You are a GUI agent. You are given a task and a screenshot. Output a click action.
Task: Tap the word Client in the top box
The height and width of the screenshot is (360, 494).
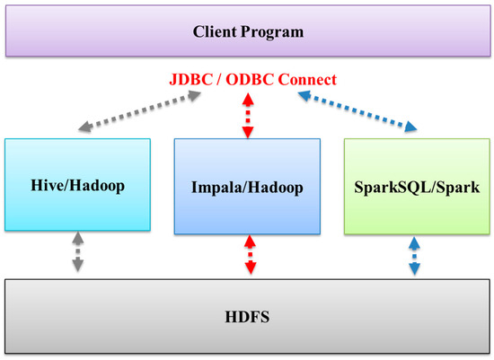pos(216,32)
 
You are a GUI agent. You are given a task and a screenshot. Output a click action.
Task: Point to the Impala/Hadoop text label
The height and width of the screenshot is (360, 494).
pos(246,188)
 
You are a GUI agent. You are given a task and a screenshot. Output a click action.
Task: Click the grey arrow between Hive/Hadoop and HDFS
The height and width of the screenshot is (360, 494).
pos(78,253)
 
